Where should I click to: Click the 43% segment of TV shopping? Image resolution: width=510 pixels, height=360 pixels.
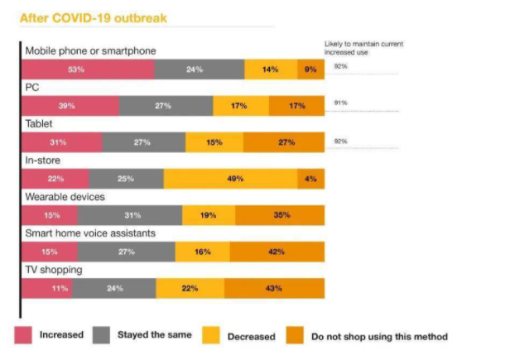click(273, 288)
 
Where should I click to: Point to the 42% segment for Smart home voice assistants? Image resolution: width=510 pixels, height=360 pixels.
click(277, 252)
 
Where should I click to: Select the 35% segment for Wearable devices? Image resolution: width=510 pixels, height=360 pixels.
click(280, 215)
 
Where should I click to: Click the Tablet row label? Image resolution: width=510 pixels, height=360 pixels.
click(40, 122)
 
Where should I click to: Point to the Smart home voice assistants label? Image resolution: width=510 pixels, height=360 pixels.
click(90, 233)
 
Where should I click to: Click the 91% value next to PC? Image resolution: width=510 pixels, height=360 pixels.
click(340, 102)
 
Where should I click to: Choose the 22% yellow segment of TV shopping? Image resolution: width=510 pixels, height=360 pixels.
click(190, 288)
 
